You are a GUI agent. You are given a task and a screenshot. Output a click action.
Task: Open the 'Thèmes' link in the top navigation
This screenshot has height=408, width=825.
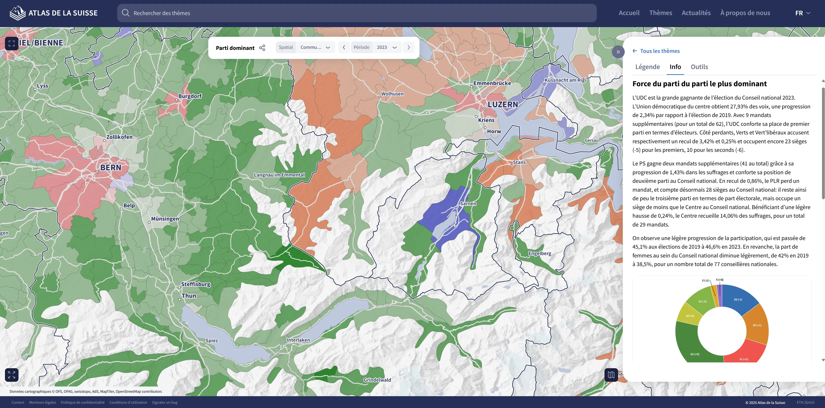coord(660,13)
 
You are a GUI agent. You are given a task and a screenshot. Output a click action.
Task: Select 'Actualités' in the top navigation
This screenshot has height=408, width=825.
coord(696,13)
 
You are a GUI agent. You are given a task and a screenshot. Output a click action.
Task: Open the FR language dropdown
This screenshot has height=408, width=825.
coord(803,13)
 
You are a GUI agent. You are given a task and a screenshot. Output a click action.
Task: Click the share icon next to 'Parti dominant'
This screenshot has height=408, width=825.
coord(262,48)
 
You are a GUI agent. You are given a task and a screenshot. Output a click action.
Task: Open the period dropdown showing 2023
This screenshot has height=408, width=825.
coord(387,47)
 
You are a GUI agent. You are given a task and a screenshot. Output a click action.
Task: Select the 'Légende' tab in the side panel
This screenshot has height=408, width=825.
coord(647,67)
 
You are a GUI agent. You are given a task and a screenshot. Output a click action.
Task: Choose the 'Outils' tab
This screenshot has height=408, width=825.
coord(699,67)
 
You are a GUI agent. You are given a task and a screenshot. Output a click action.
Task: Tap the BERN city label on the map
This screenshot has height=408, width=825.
coord(111,168)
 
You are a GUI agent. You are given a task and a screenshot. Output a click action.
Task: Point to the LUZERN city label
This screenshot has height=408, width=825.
coord(503,104)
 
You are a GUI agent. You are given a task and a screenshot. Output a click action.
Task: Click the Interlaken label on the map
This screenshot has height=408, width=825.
coord(298,340)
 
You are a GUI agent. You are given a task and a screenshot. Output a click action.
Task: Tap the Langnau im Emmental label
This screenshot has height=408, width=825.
coord(279,175)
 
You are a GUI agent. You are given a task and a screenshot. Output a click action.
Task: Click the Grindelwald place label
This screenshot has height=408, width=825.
coord(377,380)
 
